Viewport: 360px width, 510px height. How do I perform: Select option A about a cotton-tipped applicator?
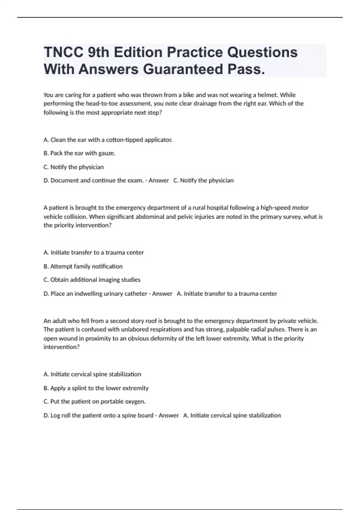pyautogui.click(x=108, y=140)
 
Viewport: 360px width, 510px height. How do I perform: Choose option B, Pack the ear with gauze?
pyautogui.click(x=79, y=153)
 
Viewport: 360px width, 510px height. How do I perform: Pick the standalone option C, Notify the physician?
pyautogui.click(x=73, y=167)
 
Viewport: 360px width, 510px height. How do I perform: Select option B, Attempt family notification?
pyautogui.click(x=83, y=266)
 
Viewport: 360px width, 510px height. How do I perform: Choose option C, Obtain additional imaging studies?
pyautogui.click(x=92, y=280)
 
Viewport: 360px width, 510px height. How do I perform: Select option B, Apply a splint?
pyautogui.click(x=96, y=388)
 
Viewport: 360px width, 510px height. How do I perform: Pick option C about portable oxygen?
pyautogui.click(x=94, y=402)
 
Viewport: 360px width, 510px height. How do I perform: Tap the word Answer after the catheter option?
pyautogui.click(x=162, y=294)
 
